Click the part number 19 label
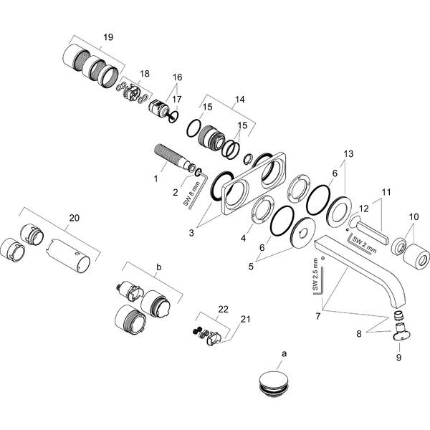pos(108,37)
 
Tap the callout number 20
pos(74,218)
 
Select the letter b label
pos(159,267)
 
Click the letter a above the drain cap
pos(285,354)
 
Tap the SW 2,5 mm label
pos(315,274)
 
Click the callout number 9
pos(398,358)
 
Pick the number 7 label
pos(317,316)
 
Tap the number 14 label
pos(239,100)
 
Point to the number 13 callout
pos(348,154)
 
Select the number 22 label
pos(223,310)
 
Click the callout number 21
pos(245,319)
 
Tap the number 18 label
pos(145,74)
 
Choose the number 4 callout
pos(243,239)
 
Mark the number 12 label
pos(364,209)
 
